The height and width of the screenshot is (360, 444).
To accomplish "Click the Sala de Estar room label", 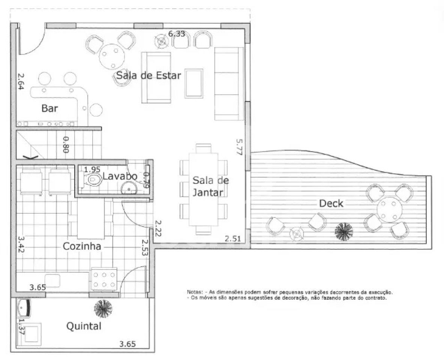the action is pos(148,76).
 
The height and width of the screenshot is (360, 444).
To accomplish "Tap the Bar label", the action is pos(49,108).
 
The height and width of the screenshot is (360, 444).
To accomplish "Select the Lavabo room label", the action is pos(120,176).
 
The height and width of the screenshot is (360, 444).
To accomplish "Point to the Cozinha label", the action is pos(82,246).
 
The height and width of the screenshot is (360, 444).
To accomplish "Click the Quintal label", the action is pos(84,326).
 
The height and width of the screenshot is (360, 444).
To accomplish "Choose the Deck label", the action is pos(331,203).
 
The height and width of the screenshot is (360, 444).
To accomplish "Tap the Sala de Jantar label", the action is pos(211,186).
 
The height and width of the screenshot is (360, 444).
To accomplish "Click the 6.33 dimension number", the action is pos(176,34).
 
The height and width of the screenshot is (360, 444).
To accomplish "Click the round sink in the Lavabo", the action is pos(129,188).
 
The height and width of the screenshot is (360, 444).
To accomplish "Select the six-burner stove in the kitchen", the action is pos(104,279).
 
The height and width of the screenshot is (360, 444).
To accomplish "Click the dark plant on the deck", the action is pos(344,232).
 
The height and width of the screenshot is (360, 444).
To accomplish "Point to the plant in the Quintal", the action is pos(103,309).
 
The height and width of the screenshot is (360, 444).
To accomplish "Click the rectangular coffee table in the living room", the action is pos(194,84).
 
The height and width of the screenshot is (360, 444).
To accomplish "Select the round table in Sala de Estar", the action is pos(112,57).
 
